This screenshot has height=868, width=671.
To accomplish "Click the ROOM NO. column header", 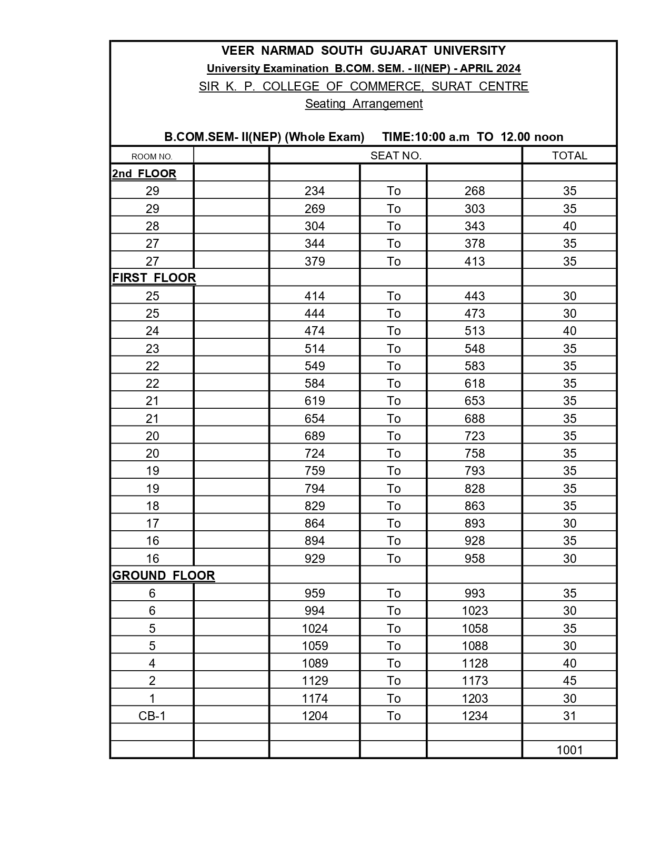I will pos(152,156).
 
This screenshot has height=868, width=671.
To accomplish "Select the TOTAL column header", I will pos(569,156).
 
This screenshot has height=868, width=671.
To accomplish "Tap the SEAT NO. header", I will pos(396,156).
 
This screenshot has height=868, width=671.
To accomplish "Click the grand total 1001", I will pos(569,750).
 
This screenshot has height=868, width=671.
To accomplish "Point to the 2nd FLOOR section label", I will pos(144,174).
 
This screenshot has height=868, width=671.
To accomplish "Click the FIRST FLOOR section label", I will pos(154,278).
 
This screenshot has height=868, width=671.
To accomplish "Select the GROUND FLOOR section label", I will pos(164,576).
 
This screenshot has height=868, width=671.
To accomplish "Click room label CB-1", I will pos(152,715).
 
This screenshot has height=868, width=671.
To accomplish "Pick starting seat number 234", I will pos(315,191).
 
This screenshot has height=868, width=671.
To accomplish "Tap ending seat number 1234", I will pos(475,715).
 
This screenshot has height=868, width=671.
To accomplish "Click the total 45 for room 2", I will pos(569,681).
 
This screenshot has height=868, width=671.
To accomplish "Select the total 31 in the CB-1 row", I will pos(569,715).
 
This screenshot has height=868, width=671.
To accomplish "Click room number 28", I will pos(152,226).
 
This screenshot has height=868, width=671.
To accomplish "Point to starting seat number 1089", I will pos(315,663).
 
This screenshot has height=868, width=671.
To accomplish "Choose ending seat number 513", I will pos(475,331).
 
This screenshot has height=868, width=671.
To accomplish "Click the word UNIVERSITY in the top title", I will pos(469,51).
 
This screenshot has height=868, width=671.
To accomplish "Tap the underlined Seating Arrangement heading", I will pos(364,104).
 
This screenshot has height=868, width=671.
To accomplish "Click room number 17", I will pos(152,523).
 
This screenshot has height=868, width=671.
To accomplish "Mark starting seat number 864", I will pos(315,523).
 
